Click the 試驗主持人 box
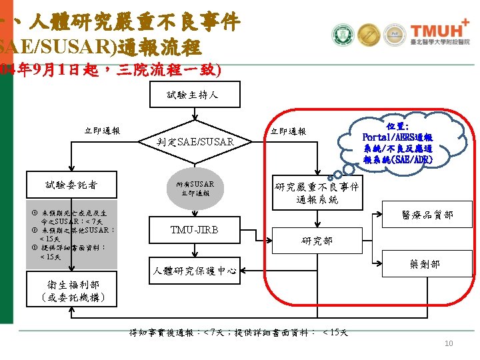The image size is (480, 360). [192, 95]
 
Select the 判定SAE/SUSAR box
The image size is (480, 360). [195, 141]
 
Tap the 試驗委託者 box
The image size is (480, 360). [71, 183]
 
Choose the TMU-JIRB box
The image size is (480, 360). [195, 230]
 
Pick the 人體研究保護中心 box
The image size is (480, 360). [195, 271]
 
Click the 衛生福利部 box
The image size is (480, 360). [71, 291]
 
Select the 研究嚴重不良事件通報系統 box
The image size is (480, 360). [317, 193]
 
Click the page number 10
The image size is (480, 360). [449, 343]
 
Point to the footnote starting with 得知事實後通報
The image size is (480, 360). [239, 332]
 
